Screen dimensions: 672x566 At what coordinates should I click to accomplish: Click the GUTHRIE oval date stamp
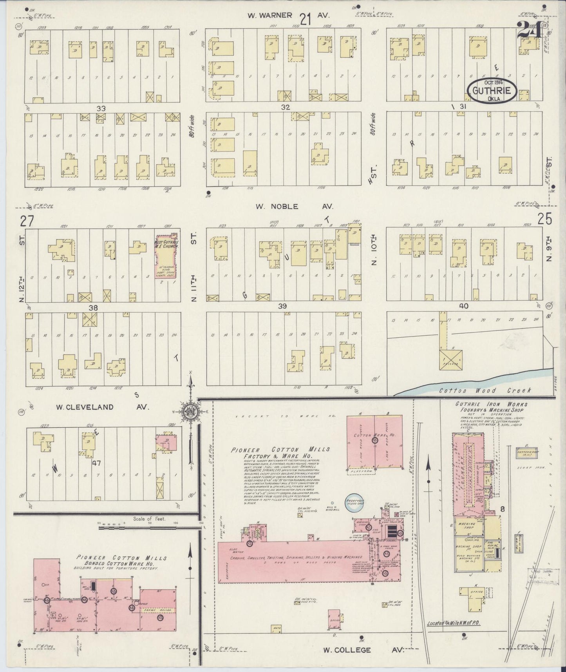coord(492,91)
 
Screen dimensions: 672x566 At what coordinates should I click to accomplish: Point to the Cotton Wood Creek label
coord(485,390)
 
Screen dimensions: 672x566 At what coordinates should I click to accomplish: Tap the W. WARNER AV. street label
coord(288,16)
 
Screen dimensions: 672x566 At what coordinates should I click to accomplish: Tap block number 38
coord(93,308)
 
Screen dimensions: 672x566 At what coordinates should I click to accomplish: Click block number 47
coord(96,463)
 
